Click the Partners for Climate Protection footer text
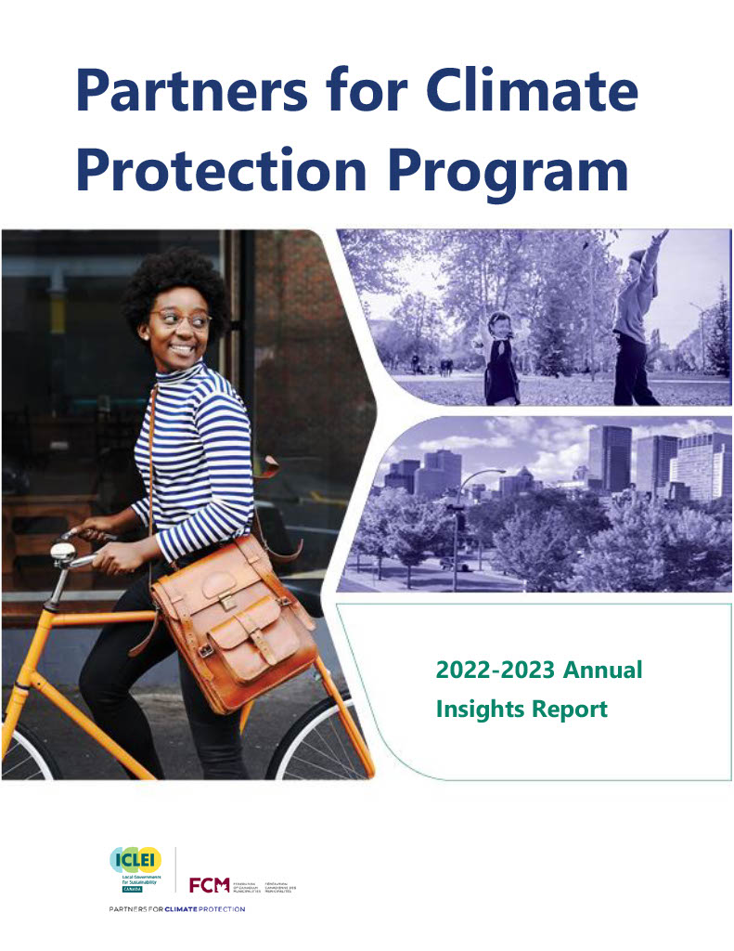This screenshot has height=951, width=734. point(176,909)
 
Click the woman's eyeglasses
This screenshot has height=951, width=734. point(181,319)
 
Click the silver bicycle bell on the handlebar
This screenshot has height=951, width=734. point(64,554)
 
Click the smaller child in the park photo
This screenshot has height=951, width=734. point(502,358)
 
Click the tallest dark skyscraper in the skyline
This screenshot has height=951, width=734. point(610,460)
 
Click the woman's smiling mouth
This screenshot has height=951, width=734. point(183,349)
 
